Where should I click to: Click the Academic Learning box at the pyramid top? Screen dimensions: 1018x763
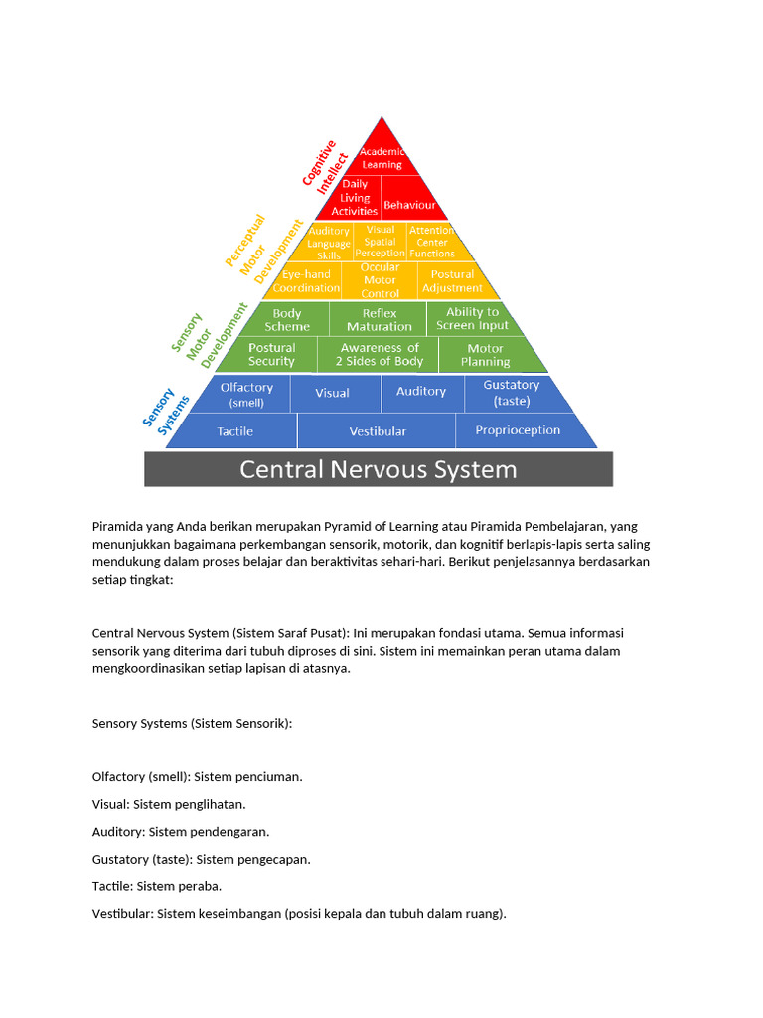click(381, 157)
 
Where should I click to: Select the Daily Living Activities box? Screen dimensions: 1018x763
click(355, 197)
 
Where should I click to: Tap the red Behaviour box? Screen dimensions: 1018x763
click(409, 204)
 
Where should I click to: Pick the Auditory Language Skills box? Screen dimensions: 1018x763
click(328, 243)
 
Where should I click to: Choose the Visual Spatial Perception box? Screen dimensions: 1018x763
click(381, 242)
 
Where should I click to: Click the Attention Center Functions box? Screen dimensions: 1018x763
click(432, 242)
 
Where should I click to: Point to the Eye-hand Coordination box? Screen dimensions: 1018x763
click(306, 281)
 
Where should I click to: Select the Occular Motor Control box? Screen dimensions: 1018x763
click(380, 280)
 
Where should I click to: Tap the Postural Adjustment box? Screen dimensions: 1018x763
click(452, 281)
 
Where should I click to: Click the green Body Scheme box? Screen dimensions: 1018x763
click(287, 319)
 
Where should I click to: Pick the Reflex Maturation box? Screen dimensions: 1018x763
click(380, 319)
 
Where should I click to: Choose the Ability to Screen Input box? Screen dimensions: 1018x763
click(472, 319)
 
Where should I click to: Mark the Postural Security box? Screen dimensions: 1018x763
click(271, 355)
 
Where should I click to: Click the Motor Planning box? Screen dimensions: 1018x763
click(486, 355)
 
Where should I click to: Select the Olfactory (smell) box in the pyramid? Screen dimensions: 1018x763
click(246, 394)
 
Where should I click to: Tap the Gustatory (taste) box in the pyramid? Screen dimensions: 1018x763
click(512, 393)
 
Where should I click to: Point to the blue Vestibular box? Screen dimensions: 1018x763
click(378, 431)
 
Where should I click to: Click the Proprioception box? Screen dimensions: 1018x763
click(518, 430)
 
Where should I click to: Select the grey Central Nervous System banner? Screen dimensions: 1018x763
click(379, 469)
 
